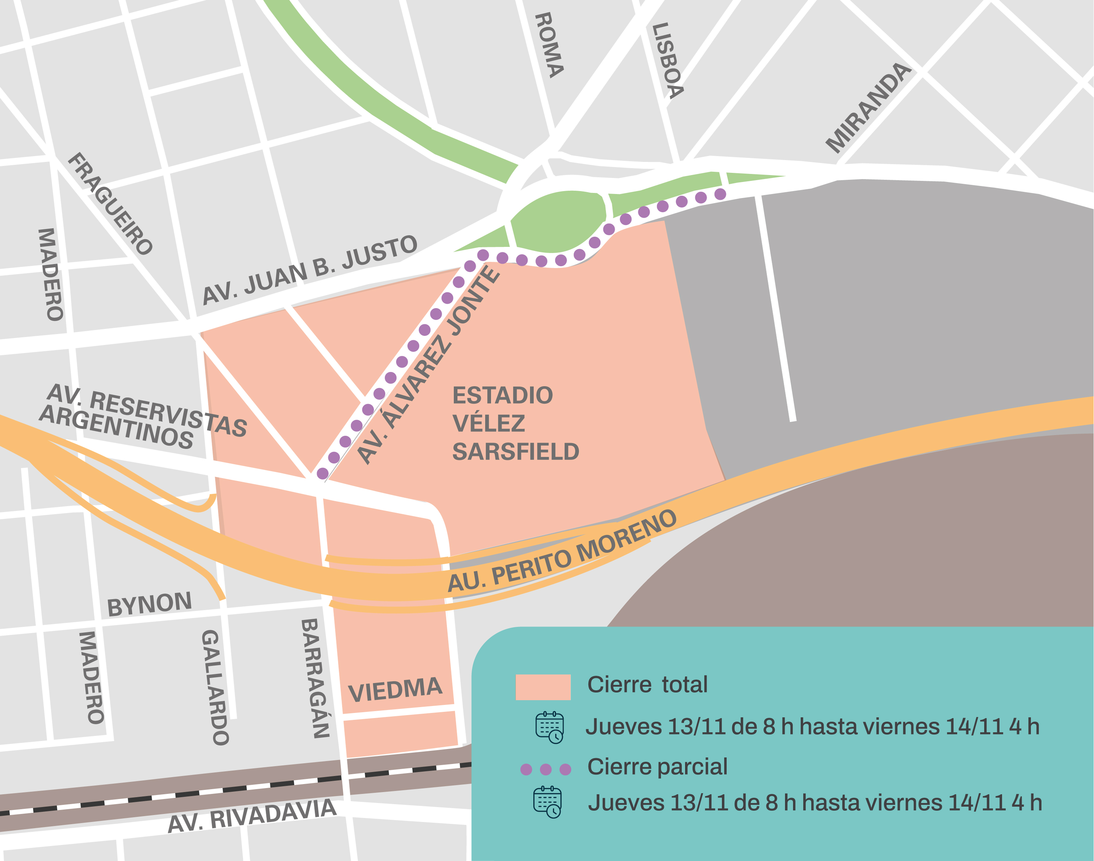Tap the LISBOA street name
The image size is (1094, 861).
pos(668,61)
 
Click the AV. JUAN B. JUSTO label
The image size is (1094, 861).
pos(310,270)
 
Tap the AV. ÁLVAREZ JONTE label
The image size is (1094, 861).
pos(428,365)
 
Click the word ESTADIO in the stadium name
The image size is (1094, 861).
pos(503,395)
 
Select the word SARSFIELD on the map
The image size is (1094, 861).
pos(515,452)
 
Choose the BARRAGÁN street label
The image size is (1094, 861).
pos(315,678)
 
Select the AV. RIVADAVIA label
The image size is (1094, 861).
pos(252,816)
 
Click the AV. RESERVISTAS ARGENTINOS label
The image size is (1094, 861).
pos(144,418)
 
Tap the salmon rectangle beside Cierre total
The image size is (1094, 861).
pos(543,687)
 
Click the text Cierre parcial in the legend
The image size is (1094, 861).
pos(657,767)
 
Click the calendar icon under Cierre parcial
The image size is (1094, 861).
pos(547,802)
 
